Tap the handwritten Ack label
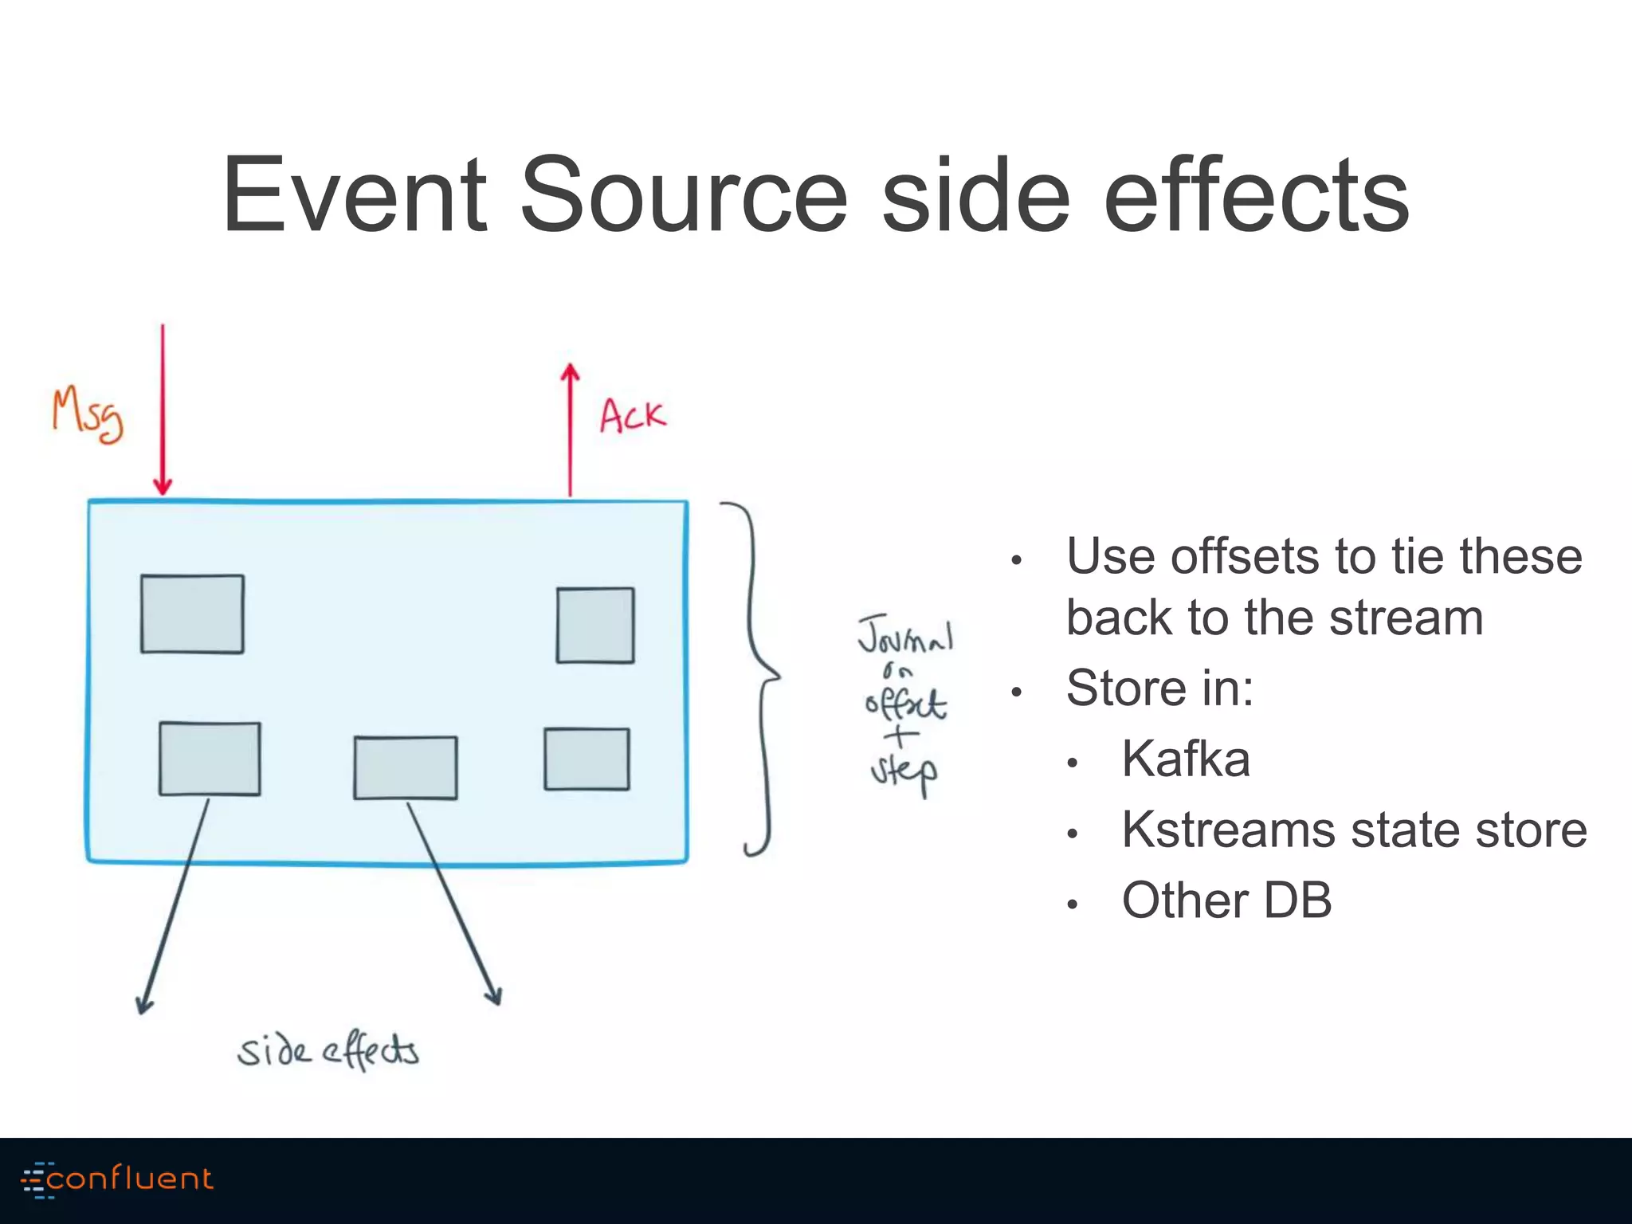(632, 415)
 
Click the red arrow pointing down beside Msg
(163, 410)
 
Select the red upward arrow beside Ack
(570, 430)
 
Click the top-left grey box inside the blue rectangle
(192, 614)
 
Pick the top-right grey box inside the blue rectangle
(595, 625)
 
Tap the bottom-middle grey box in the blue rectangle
(406, 767)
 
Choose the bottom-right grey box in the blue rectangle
(586, 759)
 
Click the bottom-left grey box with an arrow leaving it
(210, 759)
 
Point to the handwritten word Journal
(905, 635)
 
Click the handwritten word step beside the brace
(904, 772)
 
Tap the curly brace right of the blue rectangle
(757, 677)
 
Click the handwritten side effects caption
(328, 1051)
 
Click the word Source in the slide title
(684, 195)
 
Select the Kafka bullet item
(1185, 759)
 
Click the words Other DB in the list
(1226, 900)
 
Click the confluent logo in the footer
(118, 1179)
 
